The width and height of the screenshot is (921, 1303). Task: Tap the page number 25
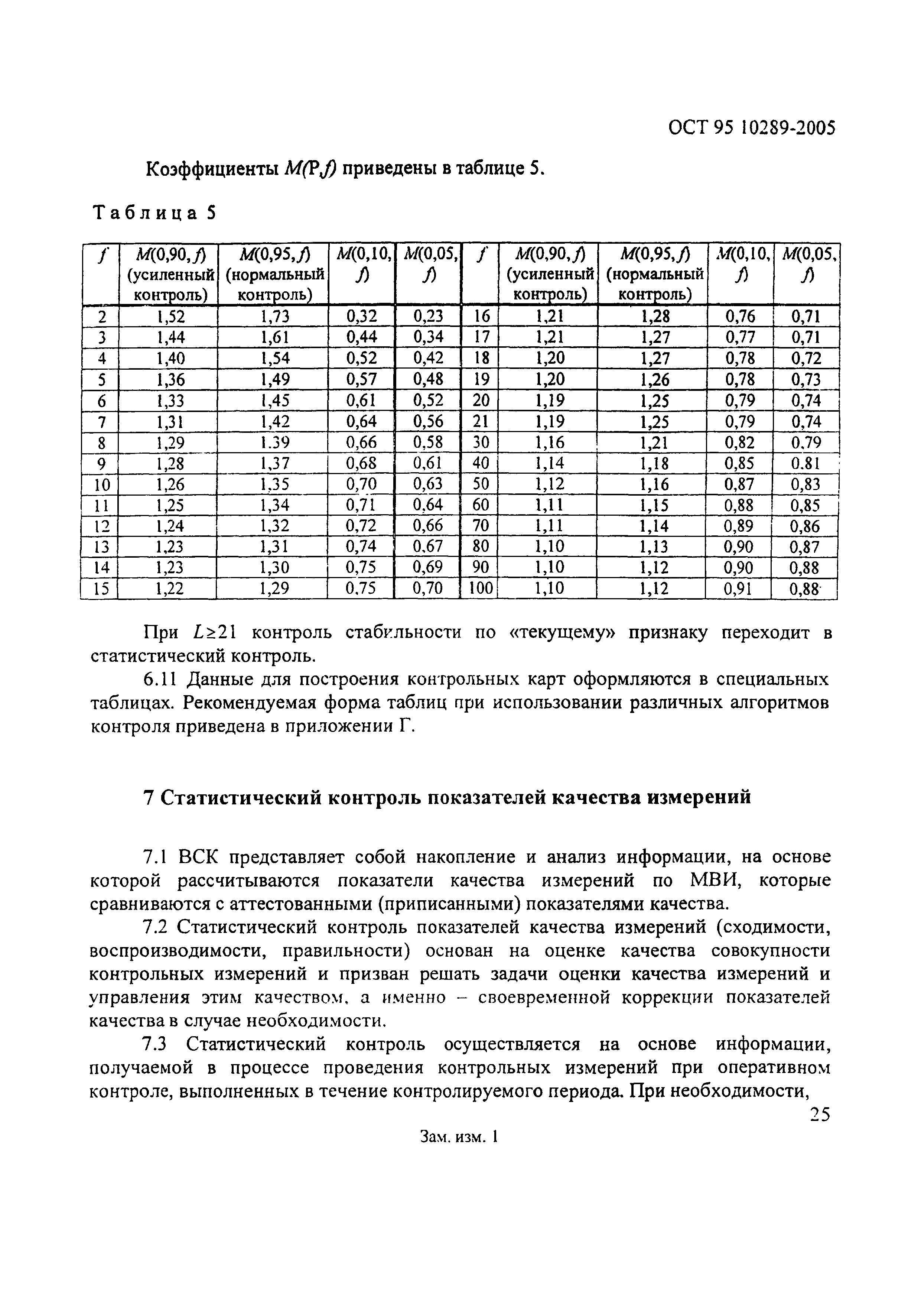click(x=819, y=1115)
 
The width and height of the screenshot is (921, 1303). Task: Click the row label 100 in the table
click(x=480, y=589)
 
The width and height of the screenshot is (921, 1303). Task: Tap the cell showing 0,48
click(x=428, y=379)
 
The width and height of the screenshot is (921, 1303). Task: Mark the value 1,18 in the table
click(x=654, y=463)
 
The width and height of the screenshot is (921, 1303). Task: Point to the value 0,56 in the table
click(x=428, y=421)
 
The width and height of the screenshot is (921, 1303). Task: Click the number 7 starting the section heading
click(x=149, y=797)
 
